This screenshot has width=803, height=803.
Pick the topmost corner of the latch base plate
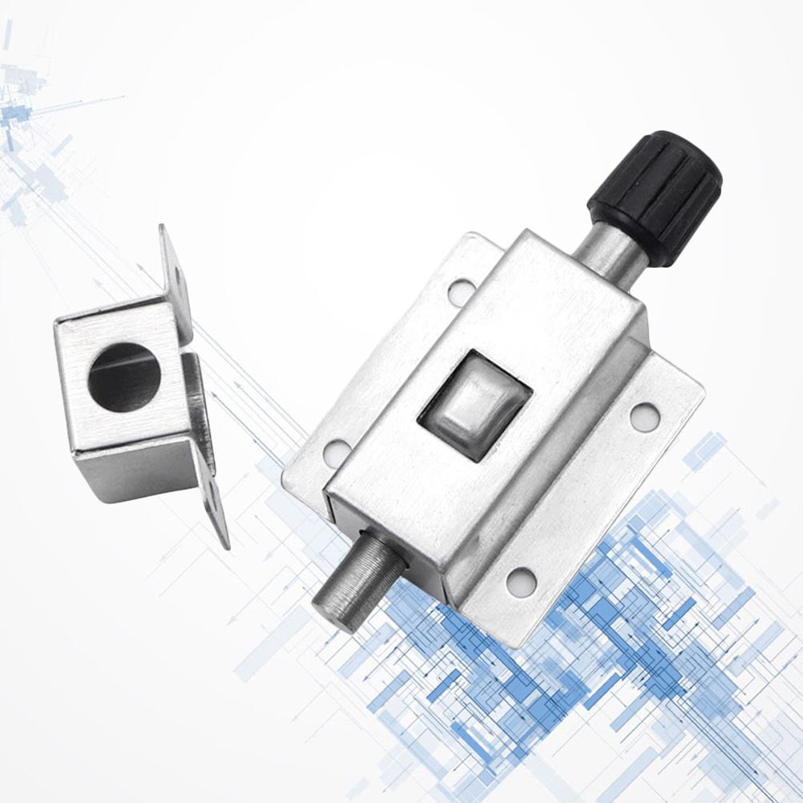[471, 234]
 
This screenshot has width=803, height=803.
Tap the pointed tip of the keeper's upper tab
[163, 228]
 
